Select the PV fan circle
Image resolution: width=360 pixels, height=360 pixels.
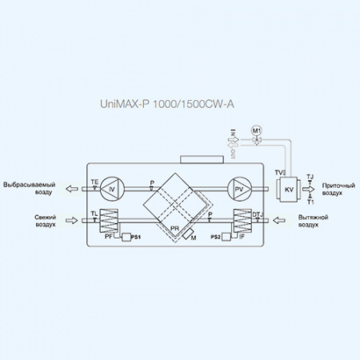pos(238,189)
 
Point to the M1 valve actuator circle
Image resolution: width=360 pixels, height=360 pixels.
pos(257,130)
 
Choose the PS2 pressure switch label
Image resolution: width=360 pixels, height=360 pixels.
pos(215,238)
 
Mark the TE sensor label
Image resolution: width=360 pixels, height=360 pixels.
pos(95,182)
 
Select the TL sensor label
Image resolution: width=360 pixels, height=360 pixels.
pos(94,214)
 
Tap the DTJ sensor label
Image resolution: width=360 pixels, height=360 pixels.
pos(256,214)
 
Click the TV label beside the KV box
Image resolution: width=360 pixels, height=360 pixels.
pos(278,172)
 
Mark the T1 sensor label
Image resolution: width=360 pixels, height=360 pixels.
pos(310,202)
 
